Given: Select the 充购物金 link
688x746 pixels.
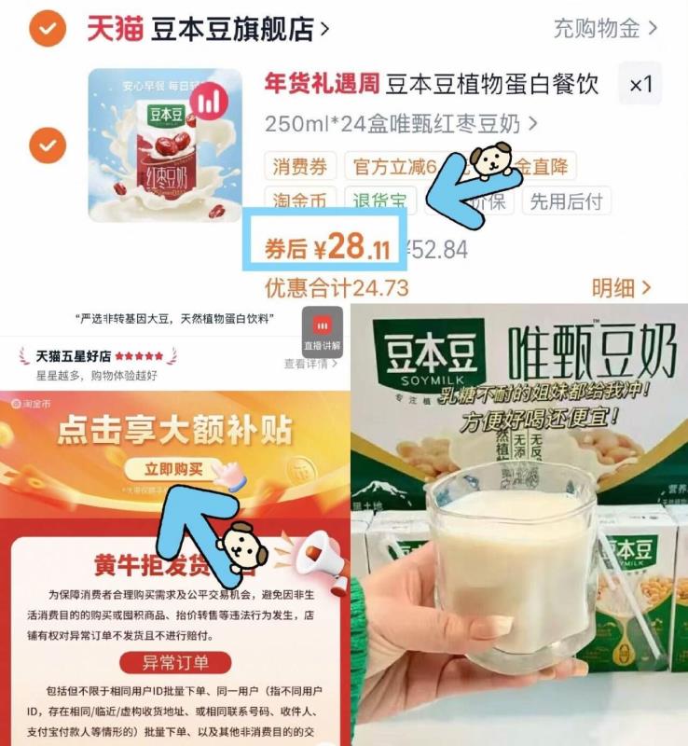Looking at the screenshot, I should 605,28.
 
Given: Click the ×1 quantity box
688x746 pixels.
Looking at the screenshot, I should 640,85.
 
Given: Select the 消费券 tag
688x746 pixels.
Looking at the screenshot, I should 300,167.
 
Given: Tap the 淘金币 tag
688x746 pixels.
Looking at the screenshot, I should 300,200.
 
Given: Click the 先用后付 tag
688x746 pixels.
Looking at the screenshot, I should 566,200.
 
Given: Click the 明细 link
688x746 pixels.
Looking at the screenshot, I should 620,287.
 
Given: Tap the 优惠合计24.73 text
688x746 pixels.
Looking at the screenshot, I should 337,287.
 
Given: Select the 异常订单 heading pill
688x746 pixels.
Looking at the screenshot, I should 175,662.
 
